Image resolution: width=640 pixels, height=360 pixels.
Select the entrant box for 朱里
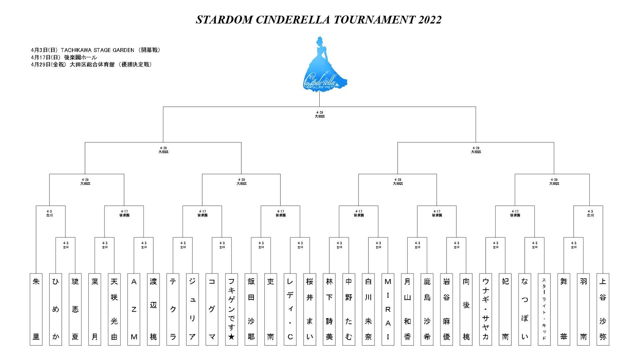point(36,309)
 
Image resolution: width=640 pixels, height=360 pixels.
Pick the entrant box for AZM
point(134,309)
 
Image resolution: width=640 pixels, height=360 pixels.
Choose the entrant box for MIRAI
point(388,309)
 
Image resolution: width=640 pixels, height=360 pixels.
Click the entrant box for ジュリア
point(192,309)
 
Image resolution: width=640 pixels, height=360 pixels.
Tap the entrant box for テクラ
point(173,309)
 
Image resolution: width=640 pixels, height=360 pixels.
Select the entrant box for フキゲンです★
point(231,309)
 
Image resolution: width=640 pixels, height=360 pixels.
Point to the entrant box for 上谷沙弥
point(603,309)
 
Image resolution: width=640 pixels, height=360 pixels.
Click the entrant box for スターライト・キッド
point(544,309)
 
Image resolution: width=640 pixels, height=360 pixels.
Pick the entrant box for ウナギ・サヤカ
point(485,309)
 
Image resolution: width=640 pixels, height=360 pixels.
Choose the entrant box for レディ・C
point(290,309)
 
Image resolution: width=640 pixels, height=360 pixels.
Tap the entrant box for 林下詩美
point(329,309)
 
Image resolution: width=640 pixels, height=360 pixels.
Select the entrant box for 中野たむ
point(349,309)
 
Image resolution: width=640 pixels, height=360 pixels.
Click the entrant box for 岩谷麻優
point(446,309)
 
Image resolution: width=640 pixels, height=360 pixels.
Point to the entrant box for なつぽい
point(525,309)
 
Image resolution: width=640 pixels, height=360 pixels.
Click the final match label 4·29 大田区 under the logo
point(320,114)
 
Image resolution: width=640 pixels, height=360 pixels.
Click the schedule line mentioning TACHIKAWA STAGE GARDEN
point(96,50)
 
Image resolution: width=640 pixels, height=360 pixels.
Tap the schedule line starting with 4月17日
point(64,57)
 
